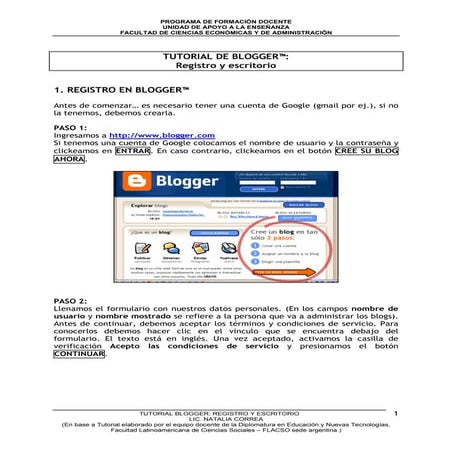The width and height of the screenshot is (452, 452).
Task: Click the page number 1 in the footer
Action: coord(396,412)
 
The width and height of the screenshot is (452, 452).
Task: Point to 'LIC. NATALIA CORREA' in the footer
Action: coord(225,419)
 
